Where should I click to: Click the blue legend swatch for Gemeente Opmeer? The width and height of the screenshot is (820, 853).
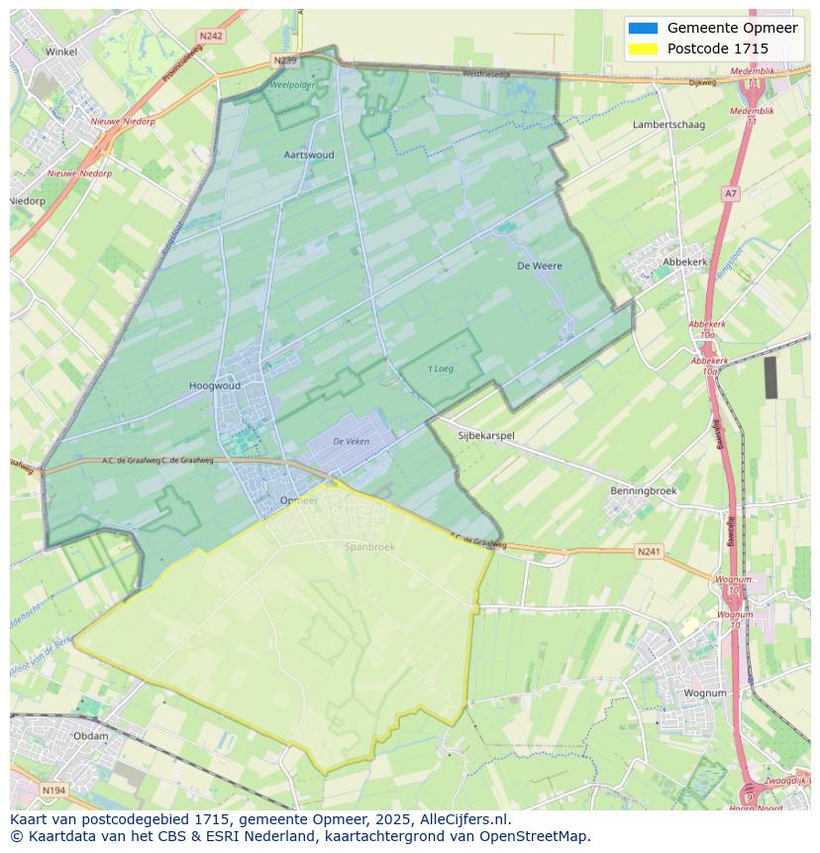pos(643,28)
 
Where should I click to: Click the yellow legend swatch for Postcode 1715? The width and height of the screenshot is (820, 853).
pos(643,49)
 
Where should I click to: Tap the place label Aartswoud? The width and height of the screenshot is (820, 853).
pos(309,156)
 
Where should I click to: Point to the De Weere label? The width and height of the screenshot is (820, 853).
pos(540,267)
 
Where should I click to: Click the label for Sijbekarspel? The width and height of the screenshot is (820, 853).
pos(486,435)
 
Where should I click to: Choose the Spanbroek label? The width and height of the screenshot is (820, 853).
pos(369,546)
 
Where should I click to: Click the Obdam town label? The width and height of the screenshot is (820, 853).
pos(91,736)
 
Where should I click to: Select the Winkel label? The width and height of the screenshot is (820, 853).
pos(61,52)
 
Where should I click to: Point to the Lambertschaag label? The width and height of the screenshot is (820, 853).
pos(668,125)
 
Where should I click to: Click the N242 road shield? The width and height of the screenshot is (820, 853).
pos(210,36)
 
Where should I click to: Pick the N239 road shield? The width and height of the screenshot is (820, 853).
pos(284,60)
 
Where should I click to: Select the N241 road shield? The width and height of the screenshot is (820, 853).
pos(649,551)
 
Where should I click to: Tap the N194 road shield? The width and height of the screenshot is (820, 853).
pos(53,791)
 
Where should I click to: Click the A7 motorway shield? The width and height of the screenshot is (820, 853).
pos(731,194)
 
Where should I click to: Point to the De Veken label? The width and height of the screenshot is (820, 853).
pos(351,442)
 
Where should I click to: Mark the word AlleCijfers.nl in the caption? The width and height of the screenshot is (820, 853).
pos(461,819)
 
